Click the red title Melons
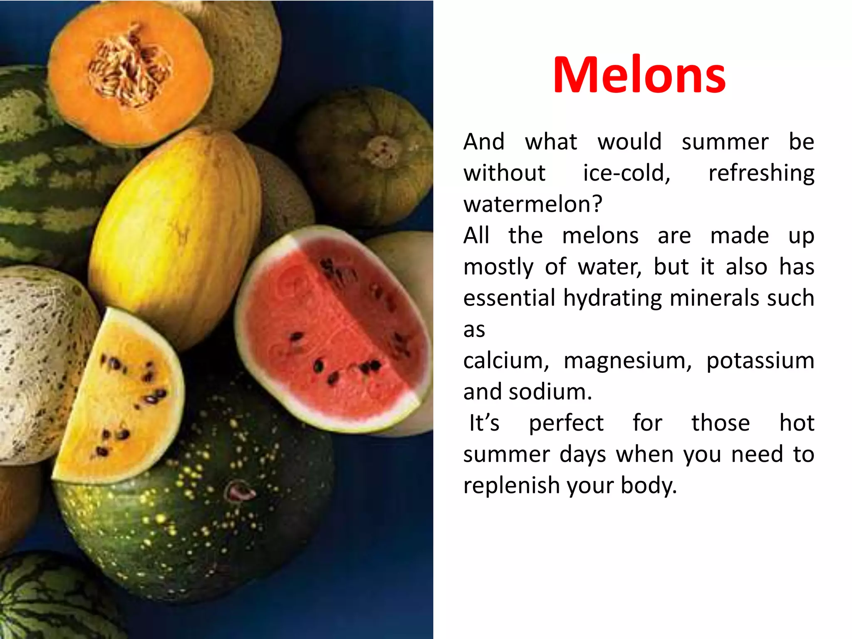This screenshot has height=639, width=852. coord(639,75)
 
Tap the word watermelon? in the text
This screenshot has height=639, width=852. coord(533,204)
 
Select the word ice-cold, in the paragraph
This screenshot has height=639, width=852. coord(627,173)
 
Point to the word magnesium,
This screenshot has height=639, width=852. coord(627,361)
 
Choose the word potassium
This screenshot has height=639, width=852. coord(760,361)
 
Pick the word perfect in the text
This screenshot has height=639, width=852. coord(566,423)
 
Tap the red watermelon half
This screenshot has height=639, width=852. coord(333,329)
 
